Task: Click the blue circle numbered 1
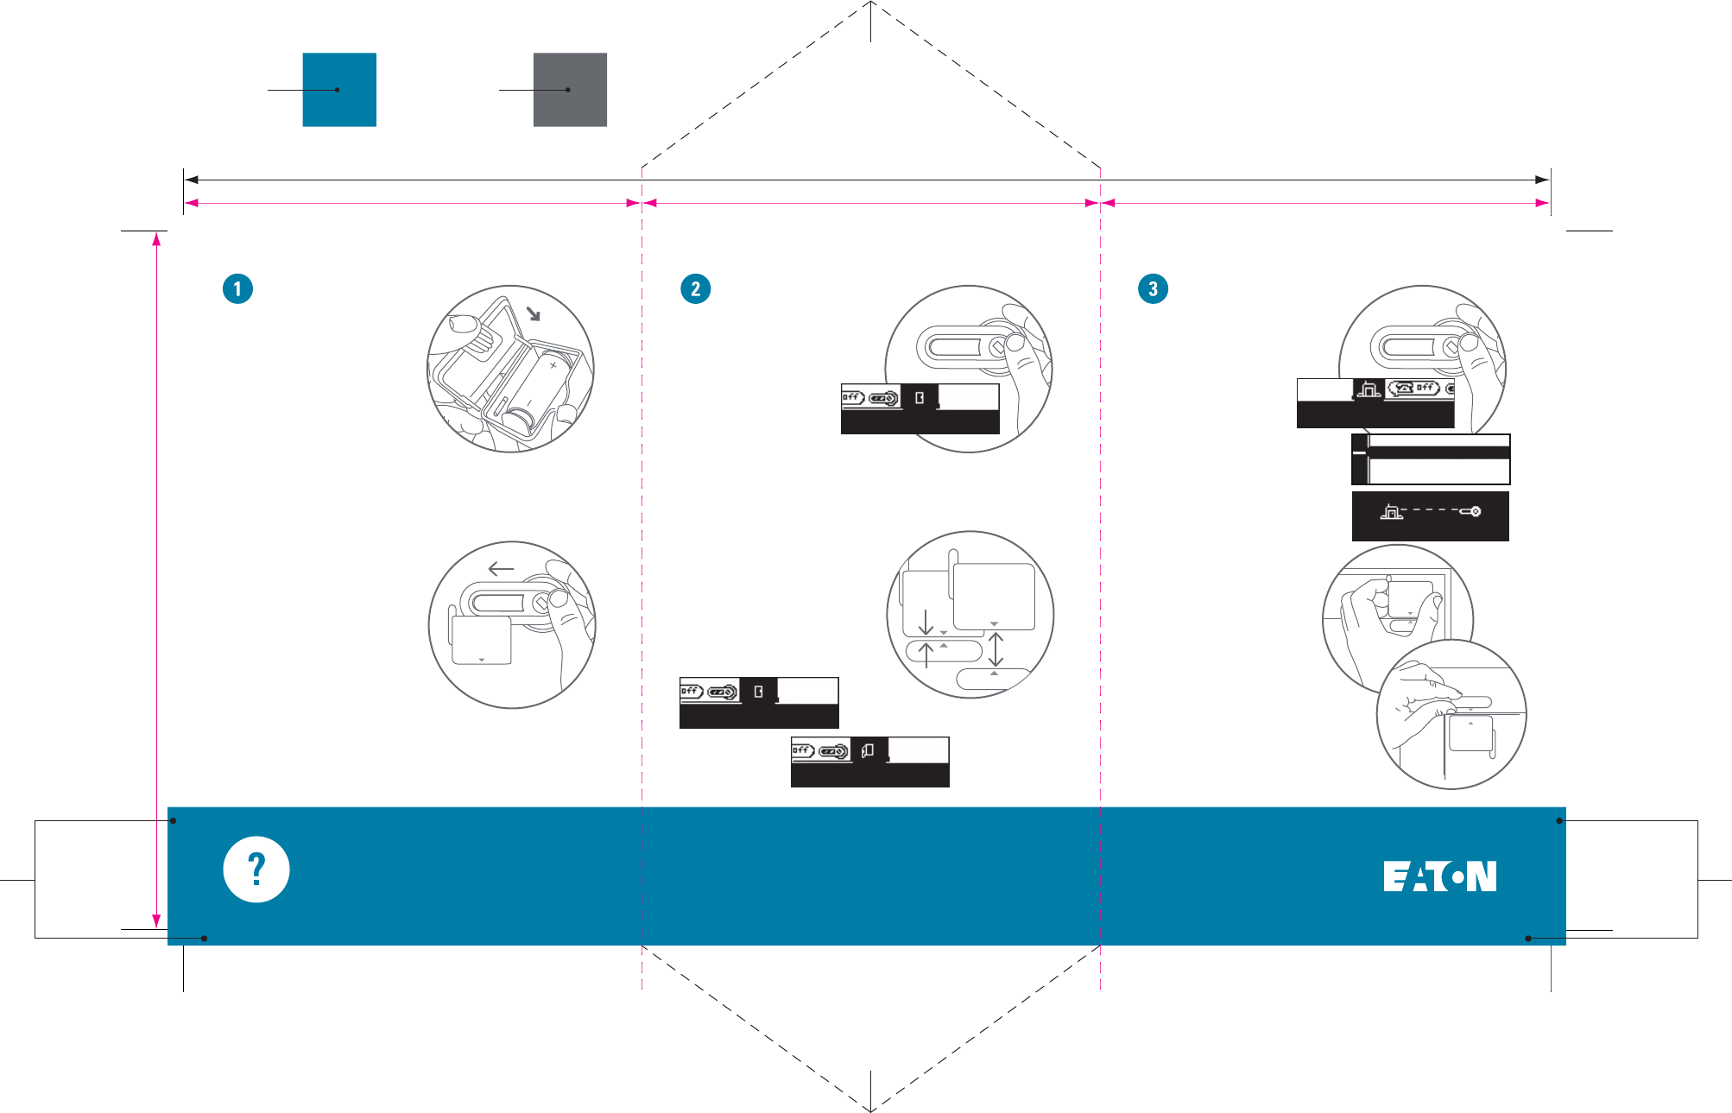(x=237, y=288)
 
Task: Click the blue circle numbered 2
(x=695, y=288)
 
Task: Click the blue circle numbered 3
(x=1153, y=288)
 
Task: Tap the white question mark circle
(x=256, y=870)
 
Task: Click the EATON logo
(x=1439, y=876)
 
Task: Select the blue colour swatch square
(x=339, y=90)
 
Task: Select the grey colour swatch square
(x=570, y=90)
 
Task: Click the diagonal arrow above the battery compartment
(x=534, y=313)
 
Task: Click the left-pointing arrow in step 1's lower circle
(x=501, y=569)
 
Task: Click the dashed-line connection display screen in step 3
(x=1430, y=516)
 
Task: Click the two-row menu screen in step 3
(x=1431, y=459)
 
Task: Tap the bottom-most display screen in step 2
(x=869, y=762)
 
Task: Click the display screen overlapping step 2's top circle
(x=920, y=408)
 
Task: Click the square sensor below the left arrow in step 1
(x=482, y=640)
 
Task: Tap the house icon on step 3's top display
(x=1369, y=389)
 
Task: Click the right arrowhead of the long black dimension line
(x=1542, y=180)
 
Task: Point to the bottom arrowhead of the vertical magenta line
(x=156, y=921)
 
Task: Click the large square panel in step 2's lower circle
(x=994, y=597)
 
